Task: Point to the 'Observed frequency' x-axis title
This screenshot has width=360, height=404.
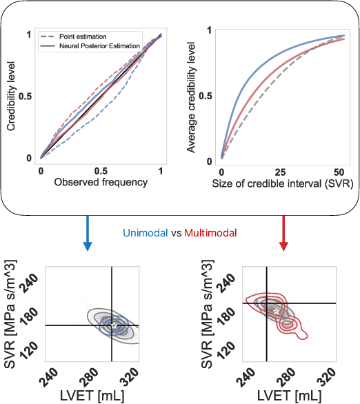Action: click(101, 183)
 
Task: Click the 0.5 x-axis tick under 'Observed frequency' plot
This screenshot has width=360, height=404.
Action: click(101, 170)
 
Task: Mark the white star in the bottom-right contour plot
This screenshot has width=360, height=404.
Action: click(276, 312)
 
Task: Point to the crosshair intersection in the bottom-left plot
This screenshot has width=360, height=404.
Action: click(112, 325)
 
